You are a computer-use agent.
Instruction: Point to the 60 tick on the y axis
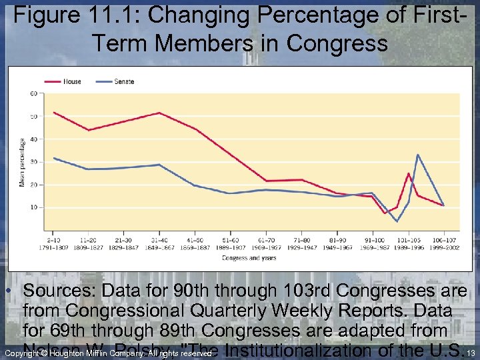[33, 93]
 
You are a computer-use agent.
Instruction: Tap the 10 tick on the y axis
[33, 207]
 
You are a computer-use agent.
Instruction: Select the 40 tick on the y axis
[33, 139]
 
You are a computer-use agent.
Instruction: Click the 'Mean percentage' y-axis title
[22, 162]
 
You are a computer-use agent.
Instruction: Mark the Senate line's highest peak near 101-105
[418, 155]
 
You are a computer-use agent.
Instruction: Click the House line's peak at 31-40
[159, 113]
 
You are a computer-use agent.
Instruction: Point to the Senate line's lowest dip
[397, 221]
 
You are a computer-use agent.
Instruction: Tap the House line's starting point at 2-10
[54, 112]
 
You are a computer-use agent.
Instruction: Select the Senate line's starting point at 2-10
[54, 158]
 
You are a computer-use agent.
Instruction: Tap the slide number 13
[471, 353]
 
